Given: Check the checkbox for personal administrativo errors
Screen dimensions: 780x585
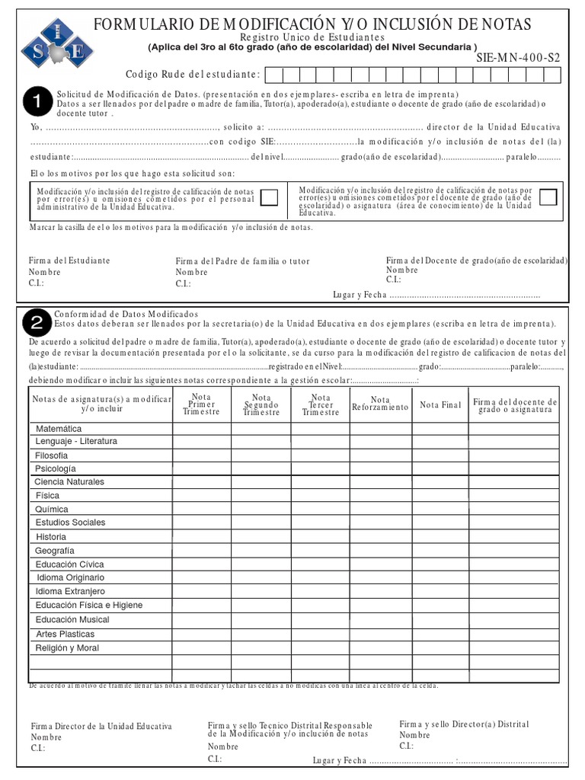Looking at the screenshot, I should click(x=269, y=197).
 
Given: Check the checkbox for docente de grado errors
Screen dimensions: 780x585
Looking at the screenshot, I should click(x=548, y=197).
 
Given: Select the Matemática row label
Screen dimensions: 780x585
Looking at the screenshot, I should click(x=59, y=429).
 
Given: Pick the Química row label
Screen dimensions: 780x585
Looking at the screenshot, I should click(x=52, y=510).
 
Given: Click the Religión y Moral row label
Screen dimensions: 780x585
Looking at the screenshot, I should click(x=67, y=647).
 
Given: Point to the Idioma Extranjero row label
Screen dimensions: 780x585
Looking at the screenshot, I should click(x=70, y=592).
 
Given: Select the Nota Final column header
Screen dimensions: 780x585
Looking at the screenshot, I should click(x=440, y=405).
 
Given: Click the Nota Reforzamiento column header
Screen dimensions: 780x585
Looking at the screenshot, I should click(x=380, y=404).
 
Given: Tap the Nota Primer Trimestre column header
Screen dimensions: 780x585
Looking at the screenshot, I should click(x=202, y=404).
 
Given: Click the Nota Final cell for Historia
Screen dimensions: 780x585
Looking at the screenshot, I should click(x=440, y=537).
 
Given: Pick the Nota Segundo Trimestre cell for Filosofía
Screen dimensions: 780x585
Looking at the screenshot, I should click(x=261, y=456).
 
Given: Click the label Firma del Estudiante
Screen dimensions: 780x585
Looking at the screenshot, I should click(x=69, y=261).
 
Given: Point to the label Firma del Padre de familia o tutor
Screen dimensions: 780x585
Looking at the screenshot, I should click(x=242, y=261).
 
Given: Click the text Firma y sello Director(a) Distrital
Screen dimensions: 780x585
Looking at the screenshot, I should click(x=464, y=724).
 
